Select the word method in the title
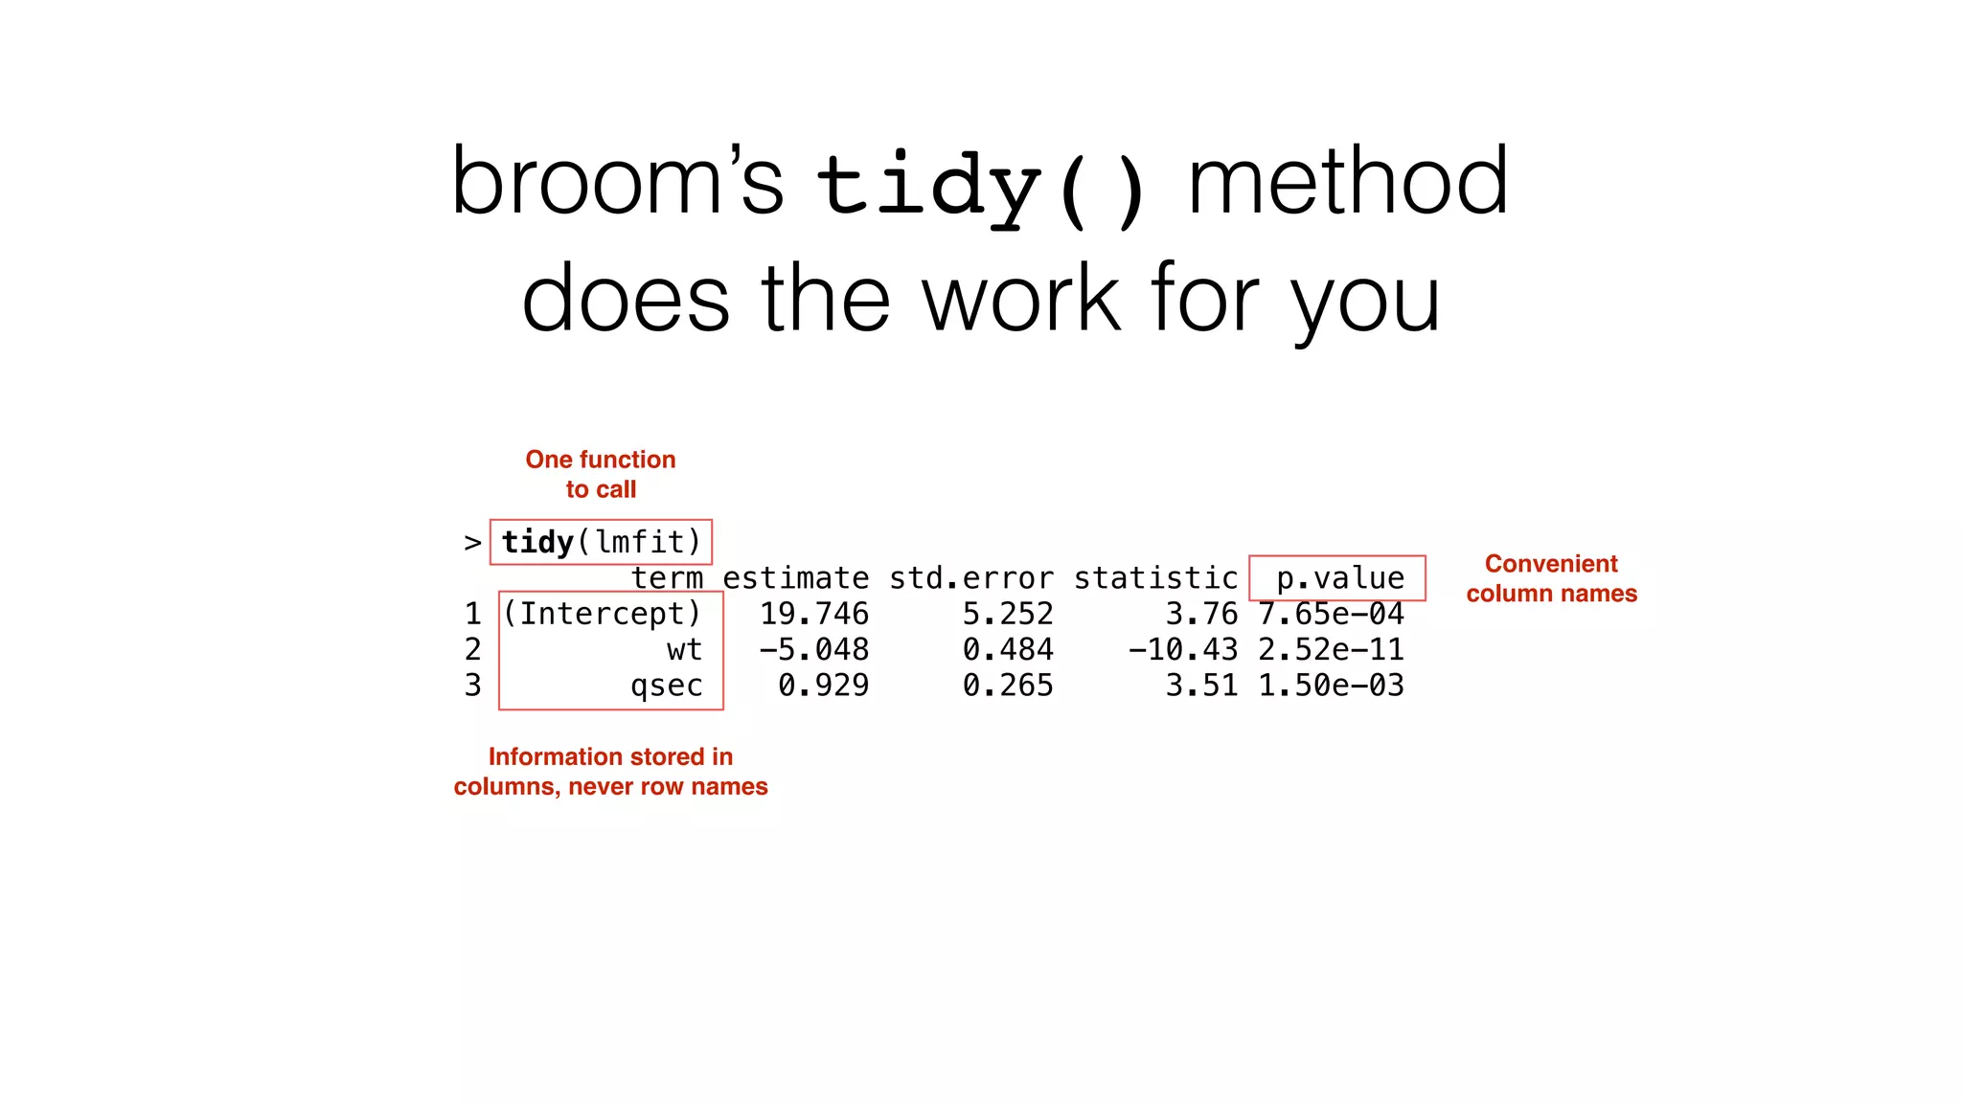1348,182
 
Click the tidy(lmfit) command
601,542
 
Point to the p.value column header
1339,578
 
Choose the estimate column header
795,578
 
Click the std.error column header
970,578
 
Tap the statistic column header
1155,578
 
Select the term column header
667,578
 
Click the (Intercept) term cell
603,614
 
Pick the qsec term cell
667,686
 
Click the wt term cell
684,650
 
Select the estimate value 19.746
814,614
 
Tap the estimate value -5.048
814,650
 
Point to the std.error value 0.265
1008,686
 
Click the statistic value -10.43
1182,650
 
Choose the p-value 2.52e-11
1331,650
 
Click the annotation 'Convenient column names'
1551,578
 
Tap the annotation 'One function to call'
601,474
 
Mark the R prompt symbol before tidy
472,543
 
